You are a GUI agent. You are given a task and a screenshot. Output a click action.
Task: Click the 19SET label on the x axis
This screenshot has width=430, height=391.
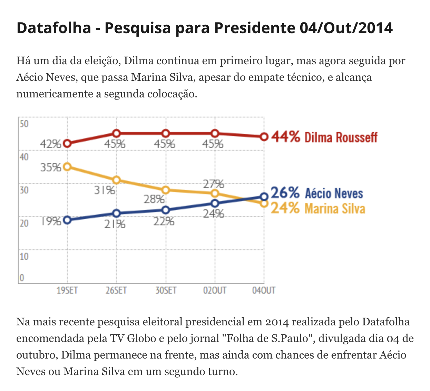tap(67, 290)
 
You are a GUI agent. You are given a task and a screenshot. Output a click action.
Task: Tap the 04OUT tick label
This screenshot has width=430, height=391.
tap(264, 290)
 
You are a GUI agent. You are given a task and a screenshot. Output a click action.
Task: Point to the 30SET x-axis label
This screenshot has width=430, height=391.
tap(166, 290)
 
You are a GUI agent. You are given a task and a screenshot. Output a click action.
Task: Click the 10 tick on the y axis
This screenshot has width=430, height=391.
tap(24, 256)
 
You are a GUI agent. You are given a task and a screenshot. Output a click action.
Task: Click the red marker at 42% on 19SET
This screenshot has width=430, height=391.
tap(67, 143)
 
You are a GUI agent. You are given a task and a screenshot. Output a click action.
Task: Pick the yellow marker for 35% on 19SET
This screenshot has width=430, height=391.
tap(67, 167)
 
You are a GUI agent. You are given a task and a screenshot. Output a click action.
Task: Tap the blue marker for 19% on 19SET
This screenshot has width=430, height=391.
tap(67, 220)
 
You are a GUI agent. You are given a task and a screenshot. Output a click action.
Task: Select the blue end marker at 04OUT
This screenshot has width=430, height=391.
tap(264, 197)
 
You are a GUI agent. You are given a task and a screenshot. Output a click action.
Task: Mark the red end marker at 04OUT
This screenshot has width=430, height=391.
tap(264, 137)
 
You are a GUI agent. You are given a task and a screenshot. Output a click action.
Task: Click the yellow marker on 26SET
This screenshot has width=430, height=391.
tap(117, 180)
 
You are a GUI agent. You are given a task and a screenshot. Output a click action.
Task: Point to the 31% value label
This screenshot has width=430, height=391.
tap(105, 190)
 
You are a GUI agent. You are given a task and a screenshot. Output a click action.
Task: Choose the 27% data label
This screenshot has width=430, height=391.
tap(213, 184)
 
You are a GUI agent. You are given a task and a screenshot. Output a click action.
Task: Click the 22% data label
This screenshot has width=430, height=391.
tap(164, 221)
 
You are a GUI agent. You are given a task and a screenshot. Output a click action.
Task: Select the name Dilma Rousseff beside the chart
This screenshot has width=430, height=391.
tap(341, 137)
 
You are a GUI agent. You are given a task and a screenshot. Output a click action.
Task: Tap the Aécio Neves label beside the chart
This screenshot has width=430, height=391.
tap(334, 193)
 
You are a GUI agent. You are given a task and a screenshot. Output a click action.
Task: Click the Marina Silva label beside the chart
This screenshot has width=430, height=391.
tap(335, 209)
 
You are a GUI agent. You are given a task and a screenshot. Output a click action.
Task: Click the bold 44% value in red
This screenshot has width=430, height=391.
tap(285, 137)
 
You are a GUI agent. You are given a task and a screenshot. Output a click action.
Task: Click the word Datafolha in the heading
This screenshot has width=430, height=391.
tap(53, 28)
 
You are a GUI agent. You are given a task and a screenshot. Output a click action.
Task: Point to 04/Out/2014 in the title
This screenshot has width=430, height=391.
tap(346, 28)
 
